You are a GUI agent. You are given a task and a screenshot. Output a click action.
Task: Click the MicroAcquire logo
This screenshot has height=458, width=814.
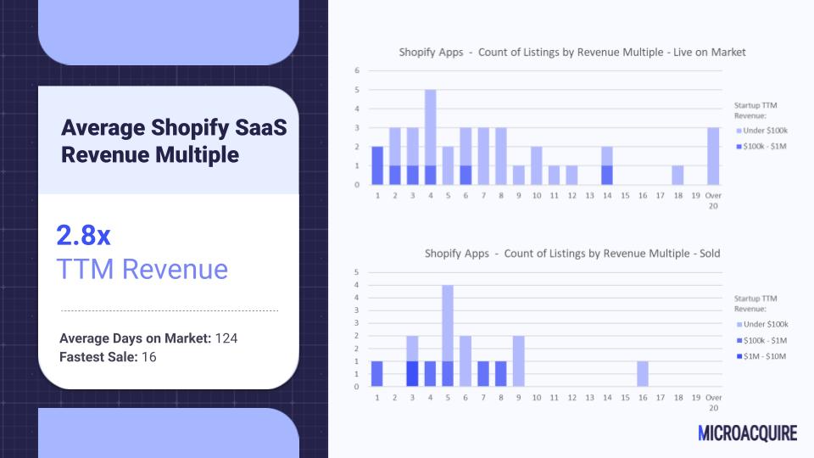(747, 433)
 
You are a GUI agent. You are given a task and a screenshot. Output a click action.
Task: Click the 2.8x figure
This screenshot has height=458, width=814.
(83, 235)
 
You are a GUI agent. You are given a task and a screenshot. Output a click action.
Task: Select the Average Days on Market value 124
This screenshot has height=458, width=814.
(226, 338)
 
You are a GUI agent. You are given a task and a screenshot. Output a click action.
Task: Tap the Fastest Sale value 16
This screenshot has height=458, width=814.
(149, 357)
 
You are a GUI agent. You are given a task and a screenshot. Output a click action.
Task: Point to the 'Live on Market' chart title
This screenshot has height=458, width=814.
(572, 53)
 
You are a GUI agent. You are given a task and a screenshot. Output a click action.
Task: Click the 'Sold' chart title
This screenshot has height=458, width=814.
(572, 254)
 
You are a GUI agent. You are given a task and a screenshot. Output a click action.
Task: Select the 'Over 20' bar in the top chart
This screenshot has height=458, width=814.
(713, 156)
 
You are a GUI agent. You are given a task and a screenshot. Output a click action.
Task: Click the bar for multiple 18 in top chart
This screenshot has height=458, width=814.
(677, 176)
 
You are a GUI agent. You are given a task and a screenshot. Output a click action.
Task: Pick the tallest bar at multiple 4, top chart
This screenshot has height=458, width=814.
(431, 137)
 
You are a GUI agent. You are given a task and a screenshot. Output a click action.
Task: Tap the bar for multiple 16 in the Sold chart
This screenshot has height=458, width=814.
(642, 374)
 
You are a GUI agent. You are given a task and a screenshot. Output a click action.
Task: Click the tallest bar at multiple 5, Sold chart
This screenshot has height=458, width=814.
(448, 336)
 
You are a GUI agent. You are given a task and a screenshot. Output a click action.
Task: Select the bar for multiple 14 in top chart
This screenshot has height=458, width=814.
(607, 165)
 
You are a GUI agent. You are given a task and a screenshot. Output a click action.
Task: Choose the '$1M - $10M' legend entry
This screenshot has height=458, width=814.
(761, 356)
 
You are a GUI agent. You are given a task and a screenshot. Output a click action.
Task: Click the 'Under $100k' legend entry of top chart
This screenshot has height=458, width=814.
(761, 131)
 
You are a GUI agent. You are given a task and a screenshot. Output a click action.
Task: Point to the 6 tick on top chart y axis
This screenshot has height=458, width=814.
(357, 70)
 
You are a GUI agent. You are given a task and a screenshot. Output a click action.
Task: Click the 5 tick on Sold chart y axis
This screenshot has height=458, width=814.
(356, 272)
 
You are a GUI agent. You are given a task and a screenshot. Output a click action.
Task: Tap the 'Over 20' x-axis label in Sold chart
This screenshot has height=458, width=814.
(713, 402)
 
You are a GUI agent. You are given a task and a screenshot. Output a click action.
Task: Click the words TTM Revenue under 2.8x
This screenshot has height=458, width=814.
(142, 269)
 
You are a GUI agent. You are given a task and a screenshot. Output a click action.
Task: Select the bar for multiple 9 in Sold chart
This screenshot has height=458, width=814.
(518, 361)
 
